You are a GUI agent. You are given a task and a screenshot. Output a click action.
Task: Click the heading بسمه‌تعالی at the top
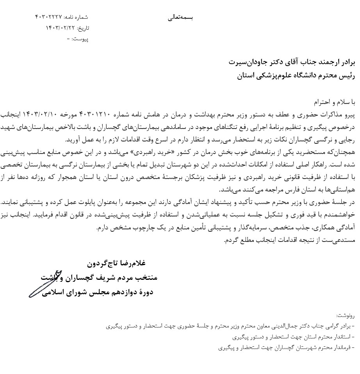click(x=180, y=18)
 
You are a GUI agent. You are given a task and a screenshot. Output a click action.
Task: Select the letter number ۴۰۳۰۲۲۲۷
click(x=49, y=17)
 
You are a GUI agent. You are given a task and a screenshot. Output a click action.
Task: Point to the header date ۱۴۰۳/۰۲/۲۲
click(x=60, y=28)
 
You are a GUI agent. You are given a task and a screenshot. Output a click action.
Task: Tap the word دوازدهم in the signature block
click(x=119, y=292)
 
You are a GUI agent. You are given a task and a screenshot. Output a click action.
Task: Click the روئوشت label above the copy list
click(x=346, y=315)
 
